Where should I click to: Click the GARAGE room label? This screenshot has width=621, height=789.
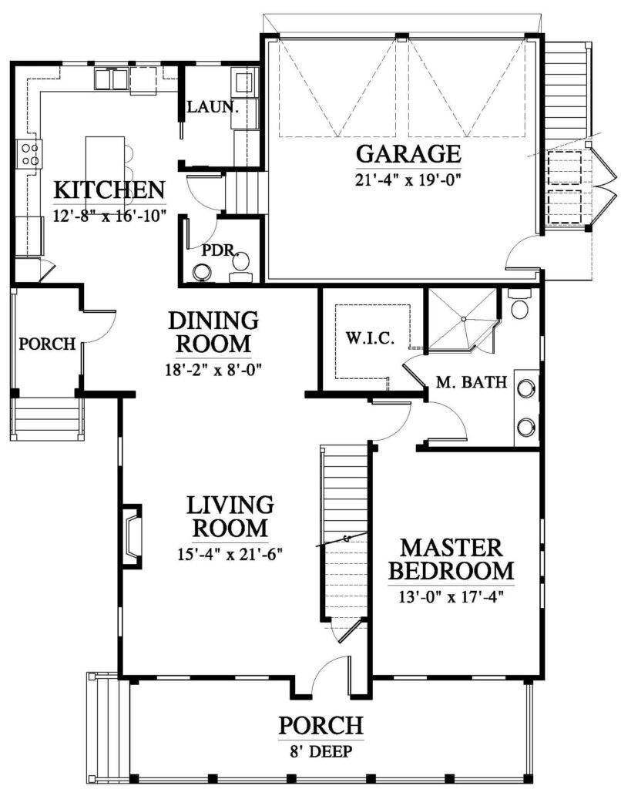tap(408, 153)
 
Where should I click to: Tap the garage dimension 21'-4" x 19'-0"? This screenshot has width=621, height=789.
tap(408, 180)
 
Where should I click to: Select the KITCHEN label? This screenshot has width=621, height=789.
tap(109, 190)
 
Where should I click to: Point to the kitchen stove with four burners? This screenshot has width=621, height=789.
tap(29, 154)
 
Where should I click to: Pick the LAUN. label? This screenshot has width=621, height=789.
tap(212, 106)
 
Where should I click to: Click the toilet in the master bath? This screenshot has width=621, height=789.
tap(519, 304)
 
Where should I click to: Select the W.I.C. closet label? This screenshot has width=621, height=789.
tap(370, 338)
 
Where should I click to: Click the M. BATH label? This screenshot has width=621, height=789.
tap(471, 382)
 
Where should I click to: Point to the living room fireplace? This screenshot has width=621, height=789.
tap(131, 536)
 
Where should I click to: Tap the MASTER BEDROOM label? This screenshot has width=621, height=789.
tap(451, 559)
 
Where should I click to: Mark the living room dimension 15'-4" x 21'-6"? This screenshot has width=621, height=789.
tap(230, 554)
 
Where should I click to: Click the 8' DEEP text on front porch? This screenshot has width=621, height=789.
tap(321, 752)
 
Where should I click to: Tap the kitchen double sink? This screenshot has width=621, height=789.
tap(112, 79)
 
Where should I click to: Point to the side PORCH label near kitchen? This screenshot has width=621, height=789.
tap(47, 344)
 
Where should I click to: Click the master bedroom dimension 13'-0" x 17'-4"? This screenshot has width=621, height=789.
tap(451, 597)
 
